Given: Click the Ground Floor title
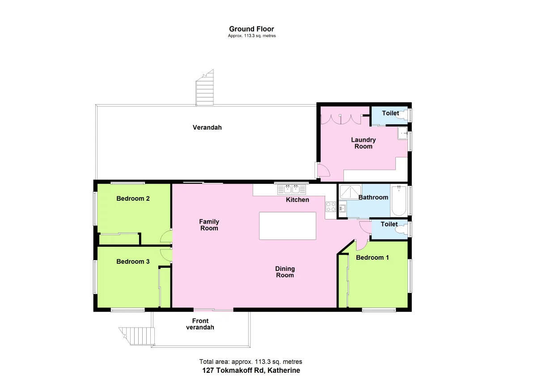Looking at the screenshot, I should point(251,29).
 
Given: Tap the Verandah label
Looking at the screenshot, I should point(207,127).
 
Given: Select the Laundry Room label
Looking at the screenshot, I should point(363,143).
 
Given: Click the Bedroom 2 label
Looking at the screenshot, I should point(133,198).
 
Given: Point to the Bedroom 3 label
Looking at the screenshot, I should point(133,261).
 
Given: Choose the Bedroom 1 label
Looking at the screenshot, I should point(373,257).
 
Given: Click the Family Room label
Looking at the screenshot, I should point(209,225).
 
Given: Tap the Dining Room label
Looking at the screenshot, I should point(285,272).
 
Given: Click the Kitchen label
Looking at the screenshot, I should point(297,200).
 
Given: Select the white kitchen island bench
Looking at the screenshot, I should point(288,226).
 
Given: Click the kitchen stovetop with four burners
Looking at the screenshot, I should point(331,207).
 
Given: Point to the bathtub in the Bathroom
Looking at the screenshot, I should point(398,201).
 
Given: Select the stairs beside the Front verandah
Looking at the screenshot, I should point(136,335).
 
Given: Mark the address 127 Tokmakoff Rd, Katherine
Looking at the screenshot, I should point(251,371).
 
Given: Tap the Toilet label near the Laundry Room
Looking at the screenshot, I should point(390,114).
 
